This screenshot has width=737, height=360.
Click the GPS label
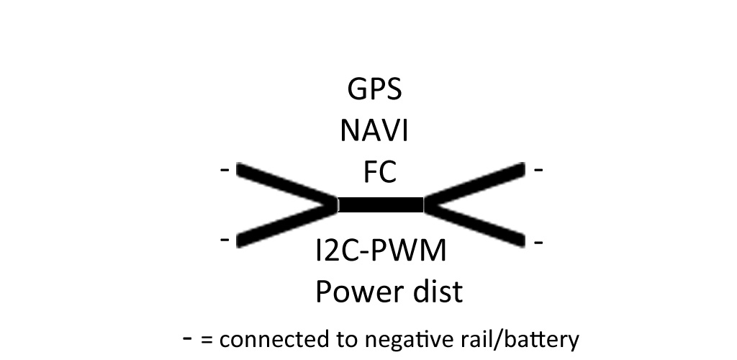click(374, 91)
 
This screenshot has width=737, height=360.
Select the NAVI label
click(374, 132)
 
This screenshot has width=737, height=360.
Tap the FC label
click(379, 173)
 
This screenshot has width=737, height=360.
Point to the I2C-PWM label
click(381, 251)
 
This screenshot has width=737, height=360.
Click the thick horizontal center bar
click(380, 204)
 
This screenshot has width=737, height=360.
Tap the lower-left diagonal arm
click(286, 223)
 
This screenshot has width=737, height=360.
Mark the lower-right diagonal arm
click(475, 223)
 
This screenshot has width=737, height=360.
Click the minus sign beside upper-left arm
click(225, 171)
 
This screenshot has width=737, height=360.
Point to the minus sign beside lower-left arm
click(225, 238)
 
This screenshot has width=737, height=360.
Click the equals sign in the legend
click(207, 339)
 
